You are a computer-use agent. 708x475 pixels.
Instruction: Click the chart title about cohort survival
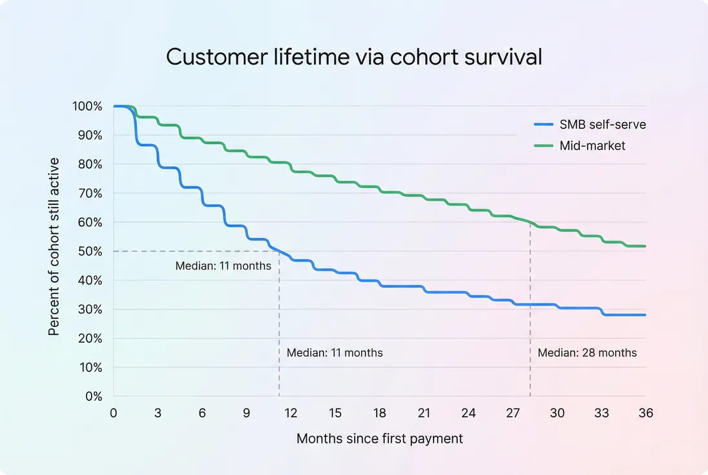pos(354,57)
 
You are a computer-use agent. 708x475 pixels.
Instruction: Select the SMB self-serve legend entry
pos(602,125)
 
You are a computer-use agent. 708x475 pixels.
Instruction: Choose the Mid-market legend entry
pos(592,146)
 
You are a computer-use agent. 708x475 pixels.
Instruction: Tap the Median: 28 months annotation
pos(587,353)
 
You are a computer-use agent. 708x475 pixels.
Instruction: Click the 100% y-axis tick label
pos(88,106)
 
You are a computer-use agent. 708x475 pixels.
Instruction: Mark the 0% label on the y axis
pos(93,396)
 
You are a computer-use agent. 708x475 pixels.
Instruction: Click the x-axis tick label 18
pos(380,413)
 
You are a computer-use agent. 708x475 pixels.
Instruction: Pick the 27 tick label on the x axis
pos(512,413)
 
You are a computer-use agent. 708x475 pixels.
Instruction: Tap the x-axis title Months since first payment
pos(380,439)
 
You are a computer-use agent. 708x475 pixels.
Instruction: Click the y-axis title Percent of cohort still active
pos(54,246)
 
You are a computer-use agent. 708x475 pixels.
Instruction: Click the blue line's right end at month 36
pos(645,315)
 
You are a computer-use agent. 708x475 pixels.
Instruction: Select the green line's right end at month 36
pos(645,246)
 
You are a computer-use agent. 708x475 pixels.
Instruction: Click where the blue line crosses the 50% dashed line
pos(279,251)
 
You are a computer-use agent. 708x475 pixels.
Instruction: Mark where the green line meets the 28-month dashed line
pos(530,223)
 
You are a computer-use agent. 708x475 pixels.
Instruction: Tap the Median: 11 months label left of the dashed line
pos(224,266)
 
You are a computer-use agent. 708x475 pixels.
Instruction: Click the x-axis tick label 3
pos(158,413)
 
